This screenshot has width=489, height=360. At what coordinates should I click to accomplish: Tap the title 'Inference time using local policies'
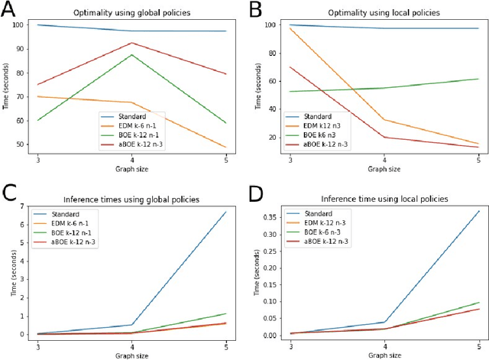click(376, 199)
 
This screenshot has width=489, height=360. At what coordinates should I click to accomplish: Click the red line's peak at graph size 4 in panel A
click(132, 43)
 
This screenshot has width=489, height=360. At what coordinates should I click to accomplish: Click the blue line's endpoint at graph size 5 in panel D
click(479, 211)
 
